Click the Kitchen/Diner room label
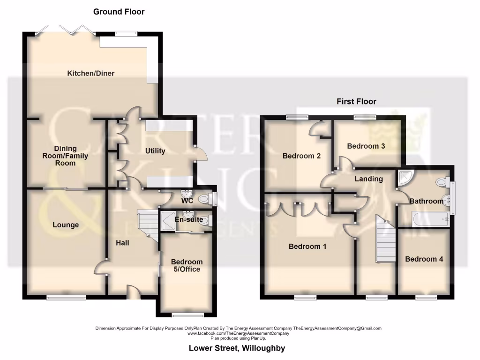coord(91,73)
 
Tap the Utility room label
coord(155,151)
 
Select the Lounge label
coord(66,225)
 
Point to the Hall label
coord(123,243)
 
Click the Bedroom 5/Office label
coord(187,265)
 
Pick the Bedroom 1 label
coord(307,246)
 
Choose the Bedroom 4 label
coord(424,259)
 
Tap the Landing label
coord(368,179)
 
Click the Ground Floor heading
coord(119,12)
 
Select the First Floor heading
coord(356,101)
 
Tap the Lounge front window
coord(66,297)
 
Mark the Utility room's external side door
coord(199,155)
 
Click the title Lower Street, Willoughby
coord(237,348)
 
